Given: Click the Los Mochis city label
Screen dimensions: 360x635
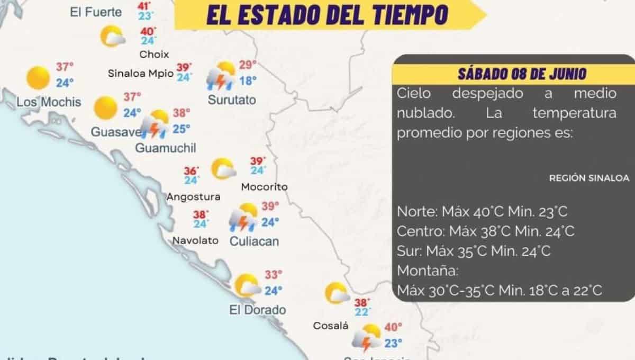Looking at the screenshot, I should pos(49,101).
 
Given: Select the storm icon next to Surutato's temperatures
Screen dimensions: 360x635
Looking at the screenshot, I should pos(221,76).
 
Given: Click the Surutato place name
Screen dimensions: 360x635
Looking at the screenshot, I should pos(232,100).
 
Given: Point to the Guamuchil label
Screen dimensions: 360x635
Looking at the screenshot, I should pos(166,148).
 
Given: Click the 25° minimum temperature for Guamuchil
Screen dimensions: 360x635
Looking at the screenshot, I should pos(182,129).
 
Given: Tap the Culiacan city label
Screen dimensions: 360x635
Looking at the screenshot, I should pos(254,241).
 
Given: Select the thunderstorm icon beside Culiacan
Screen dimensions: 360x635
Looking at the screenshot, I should pos(243,218).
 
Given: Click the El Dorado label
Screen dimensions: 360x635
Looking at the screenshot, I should pos(258,310).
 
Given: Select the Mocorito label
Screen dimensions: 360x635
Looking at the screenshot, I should pos(264,187).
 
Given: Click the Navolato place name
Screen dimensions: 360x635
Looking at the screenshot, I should pos(195,240).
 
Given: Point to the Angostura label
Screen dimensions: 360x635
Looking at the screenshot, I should pos(193,197).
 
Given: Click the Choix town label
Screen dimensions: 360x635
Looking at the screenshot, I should pos(154,54).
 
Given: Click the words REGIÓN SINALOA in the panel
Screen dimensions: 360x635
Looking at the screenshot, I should pos(589,178).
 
